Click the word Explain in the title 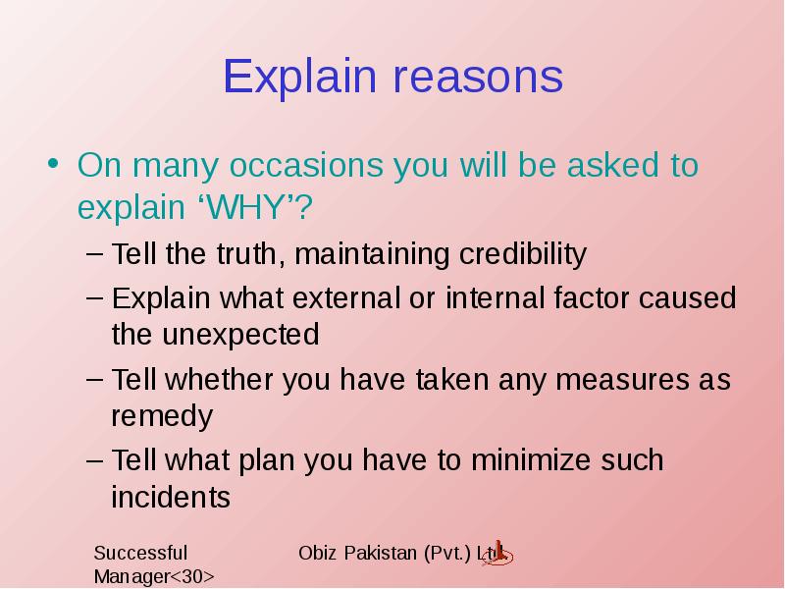pos(299,77)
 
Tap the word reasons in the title pos(478,79)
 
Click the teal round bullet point pos(53,163)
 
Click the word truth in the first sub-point pos(246,253)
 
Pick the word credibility pos(523,254)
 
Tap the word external pos(346,298)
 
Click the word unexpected pos(240,335)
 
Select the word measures pos(622,380)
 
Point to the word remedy pos(162,417)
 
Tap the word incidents pos(171,497)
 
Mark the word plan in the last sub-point pos(266,461)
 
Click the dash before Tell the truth pos(94,253)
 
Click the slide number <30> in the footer pos(192,576)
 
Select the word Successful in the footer pos(140,553)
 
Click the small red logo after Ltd pos(497,554)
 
